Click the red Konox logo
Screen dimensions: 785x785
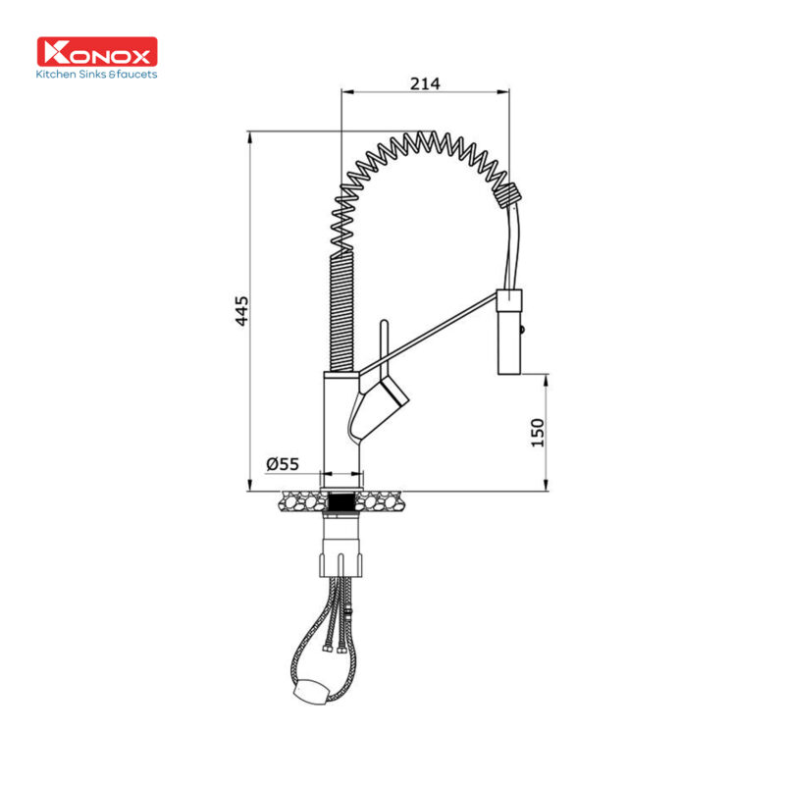(x=97, y=52)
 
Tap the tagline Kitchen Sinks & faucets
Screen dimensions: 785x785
(x=96, y=75)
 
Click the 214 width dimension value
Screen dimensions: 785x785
(x=425, y=83)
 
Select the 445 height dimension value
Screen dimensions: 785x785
(x=241, y=311)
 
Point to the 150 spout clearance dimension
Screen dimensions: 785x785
(x=537, y=433)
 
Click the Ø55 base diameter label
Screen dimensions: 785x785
(x=283, y=464)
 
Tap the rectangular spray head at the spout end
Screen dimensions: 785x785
(x=510, y=332)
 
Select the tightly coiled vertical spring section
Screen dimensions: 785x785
(x=341, y=313)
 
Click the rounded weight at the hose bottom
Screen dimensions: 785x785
(x=311, y=693)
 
